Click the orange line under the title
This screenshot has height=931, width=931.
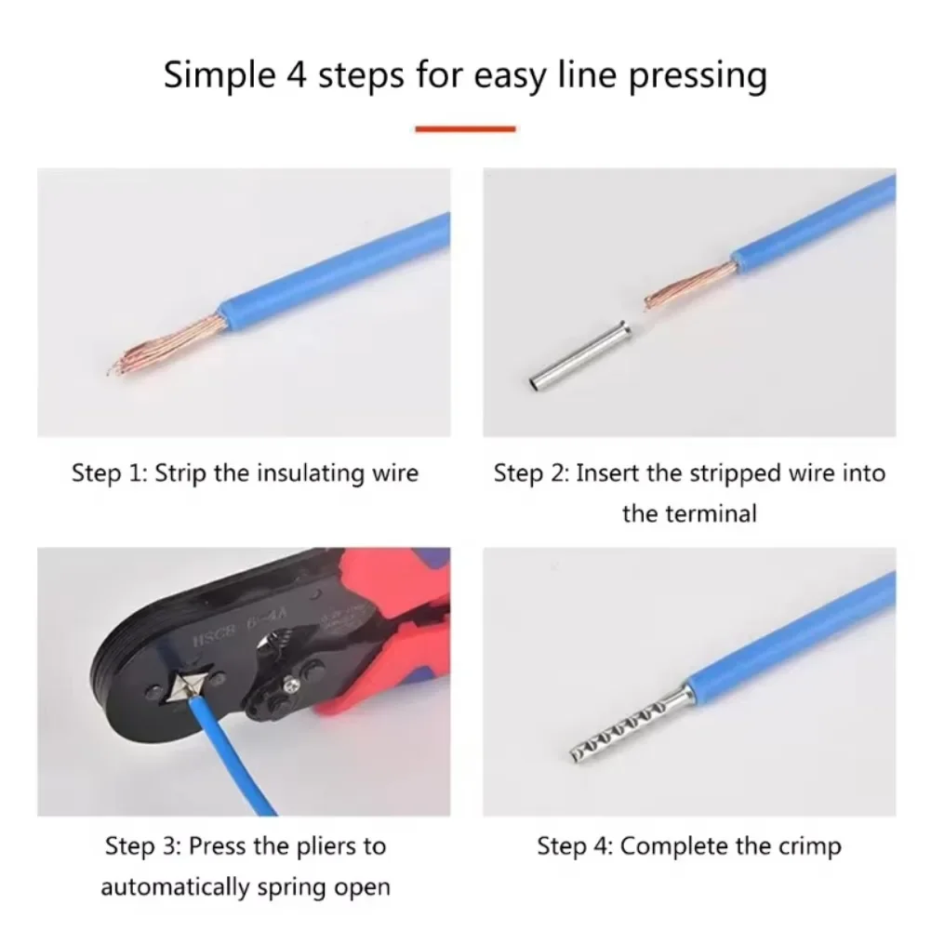(465, 128)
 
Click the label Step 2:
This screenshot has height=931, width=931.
(531, 473)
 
